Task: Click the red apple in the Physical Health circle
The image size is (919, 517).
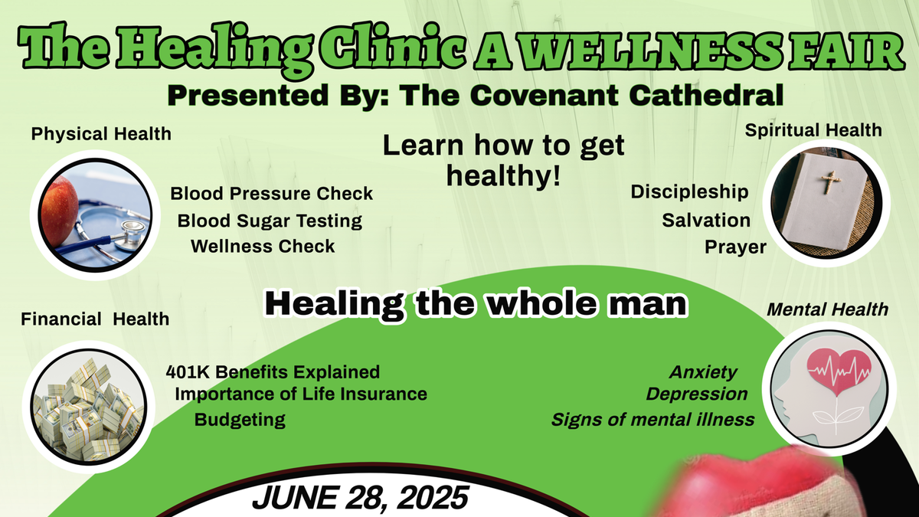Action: (59, 211)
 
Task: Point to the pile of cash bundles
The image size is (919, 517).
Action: (88, 411)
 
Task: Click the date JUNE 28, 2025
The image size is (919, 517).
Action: (360, 498)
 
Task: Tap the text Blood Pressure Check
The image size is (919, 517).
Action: (272, 194)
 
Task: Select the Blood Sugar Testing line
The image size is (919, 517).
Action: (270, 221)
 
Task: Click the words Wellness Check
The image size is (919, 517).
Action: (263, 247)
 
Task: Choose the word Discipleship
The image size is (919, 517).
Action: (690, 192)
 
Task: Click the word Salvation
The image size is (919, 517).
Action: (706, 221)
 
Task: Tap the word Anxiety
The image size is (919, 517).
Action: (703, 372)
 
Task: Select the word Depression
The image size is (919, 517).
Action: (697, 394)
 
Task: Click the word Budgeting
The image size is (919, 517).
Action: (240, 420)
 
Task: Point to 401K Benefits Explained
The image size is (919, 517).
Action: (273, 372)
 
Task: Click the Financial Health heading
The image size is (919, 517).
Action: (95, 319)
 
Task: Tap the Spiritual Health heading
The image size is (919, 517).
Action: (813, 130)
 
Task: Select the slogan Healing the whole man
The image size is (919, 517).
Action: (476, 303)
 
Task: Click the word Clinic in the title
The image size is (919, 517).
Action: (393, 47)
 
